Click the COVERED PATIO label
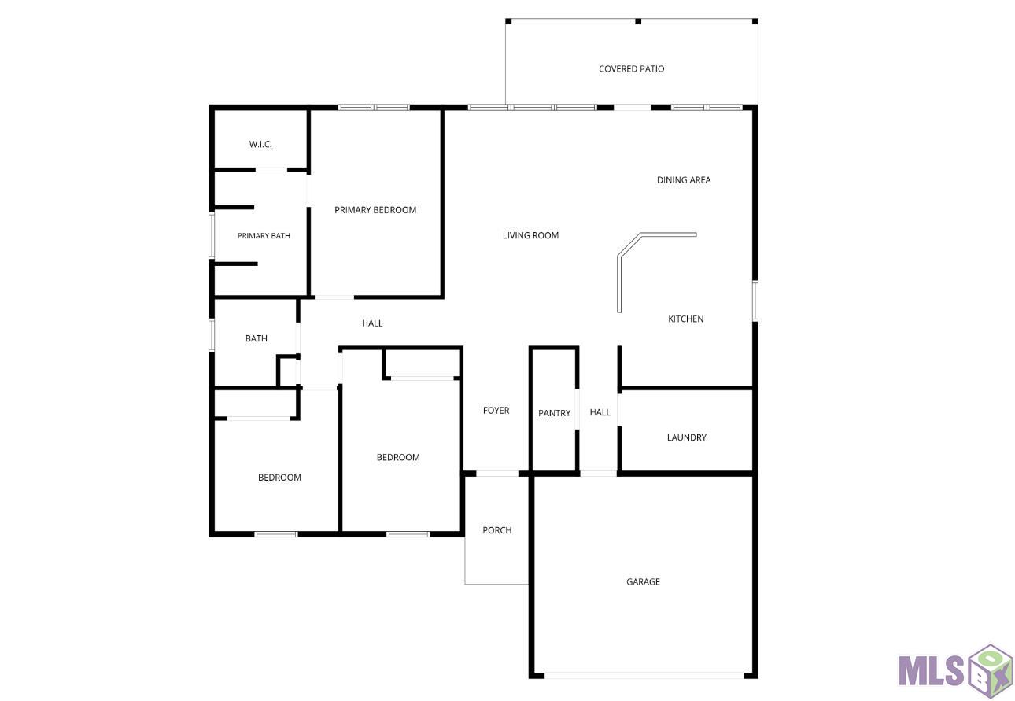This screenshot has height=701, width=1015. pyautogui.click(x=631, y=69)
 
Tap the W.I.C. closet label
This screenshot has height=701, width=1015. pyautogui.click(x=260, y=144)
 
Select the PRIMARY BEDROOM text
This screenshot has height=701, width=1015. pyautogui.click(x=375, y=210)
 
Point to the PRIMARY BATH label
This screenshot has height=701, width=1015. pyautogui.click(x=264, y=235)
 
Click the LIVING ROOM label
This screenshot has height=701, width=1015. pyautogui.click(x=530, y=235)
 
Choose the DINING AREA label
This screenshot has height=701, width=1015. pyautogui.click(x=684, y=180)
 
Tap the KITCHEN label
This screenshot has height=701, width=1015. pyautogui.click(x=685, y=319)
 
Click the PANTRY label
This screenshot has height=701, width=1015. pyautogui.click(x=554, y=413)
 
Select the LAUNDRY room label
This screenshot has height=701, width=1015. pyautogui.click(x=686, y=437)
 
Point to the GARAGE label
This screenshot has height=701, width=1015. pyautogui.click(x=643, y=582)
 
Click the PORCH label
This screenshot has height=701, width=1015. pyautogui.click(x=497, y=530)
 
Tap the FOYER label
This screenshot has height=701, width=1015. pyautogui.click(x=496, y=411)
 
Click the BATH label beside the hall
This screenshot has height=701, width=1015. pyautogui.click(x=257, y=338)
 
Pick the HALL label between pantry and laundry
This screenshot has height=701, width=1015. pyautogui.click(x=600, y=412)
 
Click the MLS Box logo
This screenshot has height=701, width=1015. pyautogui.click(x=955, y=671)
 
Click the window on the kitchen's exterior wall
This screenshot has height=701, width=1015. pyautogui.click(x=755, y=301)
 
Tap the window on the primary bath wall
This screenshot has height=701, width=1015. pyautogui.click(x=212, y=235)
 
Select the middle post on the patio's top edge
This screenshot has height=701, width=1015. pyautogui.click(x=638, y=21)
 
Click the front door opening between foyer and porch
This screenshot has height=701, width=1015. pyautogui.click(x=497, y=474)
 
